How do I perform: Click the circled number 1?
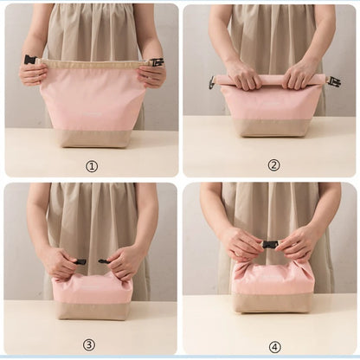pos(92,166)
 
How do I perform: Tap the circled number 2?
pos(273,165)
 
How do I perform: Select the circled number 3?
pos(89,344)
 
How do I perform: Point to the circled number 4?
pos(274,346)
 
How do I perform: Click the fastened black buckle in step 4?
pos(270,245)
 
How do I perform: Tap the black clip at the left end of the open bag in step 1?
pos(30,60)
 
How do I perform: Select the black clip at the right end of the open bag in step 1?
pos(156,62)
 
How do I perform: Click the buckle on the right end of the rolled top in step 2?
pos(333,81)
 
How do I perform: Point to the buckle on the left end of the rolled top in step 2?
pos(212,82)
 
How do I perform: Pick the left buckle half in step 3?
pos(80,260)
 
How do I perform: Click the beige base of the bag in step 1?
pos(93,138)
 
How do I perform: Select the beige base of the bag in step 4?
pos(273,302)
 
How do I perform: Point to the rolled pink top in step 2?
pos(270,80)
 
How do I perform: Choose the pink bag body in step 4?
pos(273,277)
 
